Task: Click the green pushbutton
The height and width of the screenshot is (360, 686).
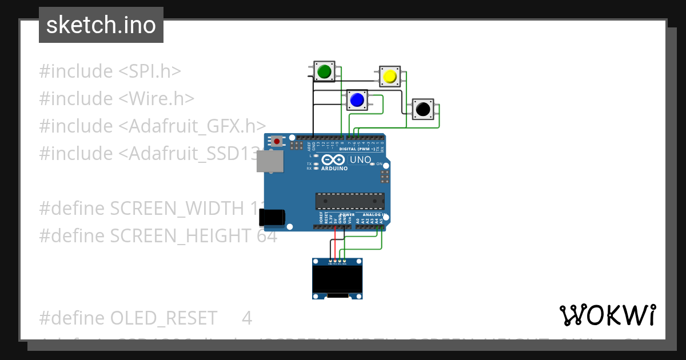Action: click(324, 71)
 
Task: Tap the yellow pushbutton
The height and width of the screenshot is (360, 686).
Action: click(390, 76)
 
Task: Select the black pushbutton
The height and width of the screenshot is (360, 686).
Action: click(423, 109)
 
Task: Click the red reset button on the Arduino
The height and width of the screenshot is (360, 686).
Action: click(277, 141)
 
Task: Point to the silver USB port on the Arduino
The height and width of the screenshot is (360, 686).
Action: click(270, 162)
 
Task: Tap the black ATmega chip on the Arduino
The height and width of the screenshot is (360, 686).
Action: click(349, 201)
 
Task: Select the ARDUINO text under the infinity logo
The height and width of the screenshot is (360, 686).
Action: click(334, 169)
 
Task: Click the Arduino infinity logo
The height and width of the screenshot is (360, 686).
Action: click(333, 160)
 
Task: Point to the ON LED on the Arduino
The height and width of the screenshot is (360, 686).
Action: click(372, 164)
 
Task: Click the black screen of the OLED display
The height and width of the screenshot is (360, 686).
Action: click(337, 278)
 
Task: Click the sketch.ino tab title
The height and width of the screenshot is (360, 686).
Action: click(101, 25)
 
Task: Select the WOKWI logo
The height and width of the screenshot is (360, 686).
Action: click(607, 315)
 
